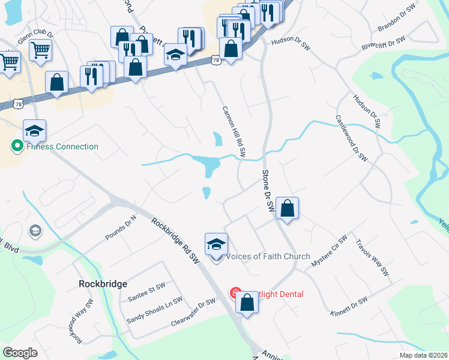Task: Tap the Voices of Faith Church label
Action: (268, 257)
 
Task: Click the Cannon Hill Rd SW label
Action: (234, 132)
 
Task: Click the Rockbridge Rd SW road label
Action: (175, 240)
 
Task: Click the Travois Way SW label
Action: (372, 259)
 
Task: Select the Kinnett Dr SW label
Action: (348, 307)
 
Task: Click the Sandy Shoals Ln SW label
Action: (154, 311)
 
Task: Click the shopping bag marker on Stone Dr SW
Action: (288, 209)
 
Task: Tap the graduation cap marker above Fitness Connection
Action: (35, 130)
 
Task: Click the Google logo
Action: (20, 353)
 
